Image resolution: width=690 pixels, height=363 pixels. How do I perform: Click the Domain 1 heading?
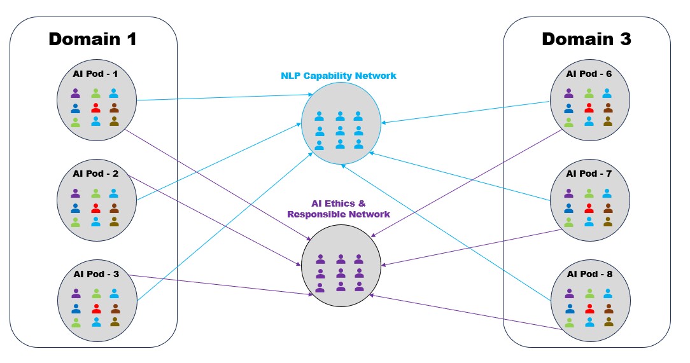[x=92, y=39]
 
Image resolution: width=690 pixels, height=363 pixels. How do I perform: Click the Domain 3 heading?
[x=586, y=39]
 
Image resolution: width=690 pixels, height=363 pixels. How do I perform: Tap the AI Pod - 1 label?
[x=95, y=74]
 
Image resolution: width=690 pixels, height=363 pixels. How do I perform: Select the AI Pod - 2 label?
[x=95, y=174]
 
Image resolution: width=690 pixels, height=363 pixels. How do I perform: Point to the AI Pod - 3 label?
[x=95, y=275]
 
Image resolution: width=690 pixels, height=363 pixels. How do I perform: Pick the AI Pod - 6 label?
[x=589, y=74]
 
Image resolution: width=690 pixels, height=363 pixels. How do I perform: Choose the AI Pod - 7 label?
[x=589, y=174]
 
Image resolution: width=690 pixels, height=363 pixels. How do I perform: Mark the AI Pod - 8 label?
[x=589, y=275]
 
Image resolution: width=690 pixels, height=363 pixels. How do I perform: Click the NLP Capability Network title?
[x=339, y=76]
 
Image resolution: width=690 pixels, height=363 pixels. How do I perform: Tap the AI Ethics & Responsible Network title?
[x=339, y=209]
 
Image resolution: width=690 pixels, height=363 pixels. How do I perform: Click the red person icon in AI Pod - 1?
[x=95, y=107]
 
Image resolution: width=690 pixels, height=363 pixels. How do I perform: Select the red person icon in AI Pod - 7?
[x=589, y=208]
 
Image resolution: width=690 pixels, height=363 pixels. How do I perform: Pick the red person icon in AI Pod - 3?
[x=96, y=308]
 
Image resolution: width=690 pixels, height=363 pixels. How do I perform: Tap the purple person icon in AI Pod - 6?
[x=569, y=93]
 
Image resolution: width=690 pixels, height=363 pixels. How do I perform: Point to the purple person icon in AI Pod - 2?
[x=76, y=193]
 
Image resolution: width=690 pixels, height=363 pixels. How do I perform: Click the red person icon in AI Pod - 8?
[x=589, y=308]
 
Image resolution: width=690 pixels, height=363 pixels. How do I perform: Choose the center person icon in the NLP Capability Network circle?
[x=341, y=131]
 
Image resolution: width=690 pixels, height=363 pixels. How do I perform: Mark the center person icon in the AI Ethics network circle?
[x=341, y=273]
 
